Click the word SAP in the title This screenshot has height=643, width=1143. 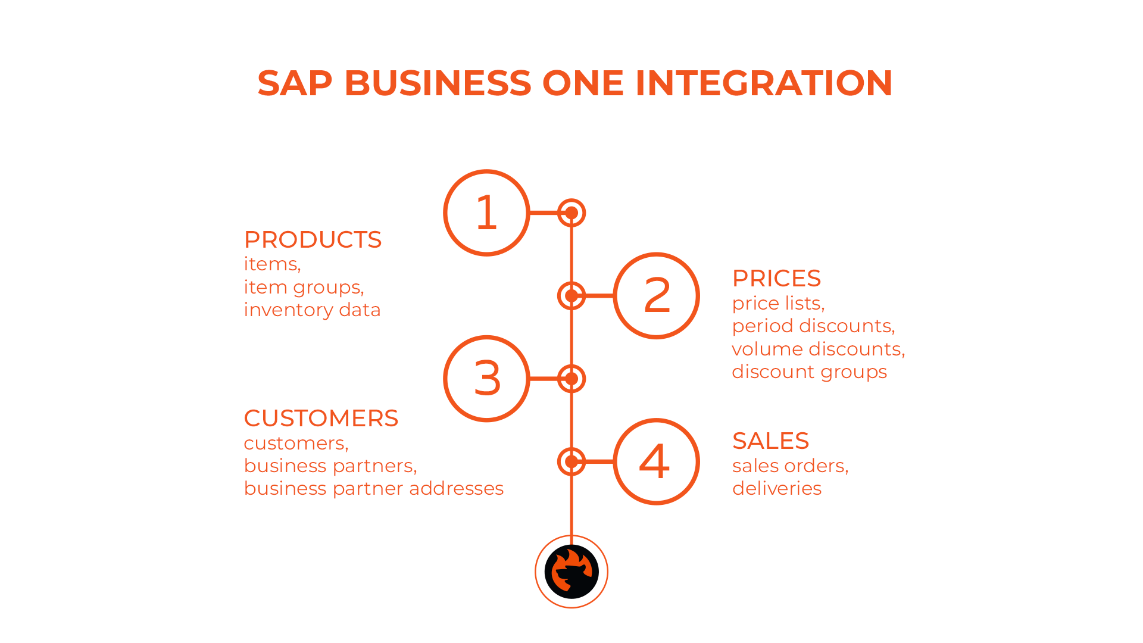(295, 83)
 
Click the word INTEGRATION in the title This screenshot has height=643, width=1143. (764, 83)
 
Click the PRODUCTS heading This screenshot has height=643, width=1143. (313, 240)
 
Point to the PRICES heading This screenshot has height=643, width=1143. (776, 279)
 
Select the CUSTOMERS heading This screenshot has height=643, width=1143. (321, 419)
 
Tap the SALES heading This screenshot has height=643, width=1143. (770, 441)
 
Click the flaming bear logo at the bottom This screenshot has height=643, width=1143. (571, 572)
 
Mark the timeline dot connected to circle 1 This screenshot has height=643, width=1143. (571, 213)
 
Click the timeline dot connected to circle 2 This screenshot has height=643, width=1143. (571, 295)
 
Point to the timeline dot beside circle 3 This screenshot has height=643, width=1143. (571, 379)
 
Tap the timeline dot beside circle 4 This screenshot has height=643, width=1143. (571, 461)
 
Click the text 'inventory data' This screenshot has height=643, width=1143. (312, 310)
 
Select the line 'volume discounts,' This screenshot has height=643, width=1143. (819, 349)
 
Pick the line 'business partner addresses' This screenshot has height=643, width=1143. (374, 489)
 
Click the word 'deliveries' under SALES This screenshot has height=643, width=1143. (777, 489)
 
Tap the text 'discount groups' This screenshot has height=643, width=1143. (810, 372)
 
